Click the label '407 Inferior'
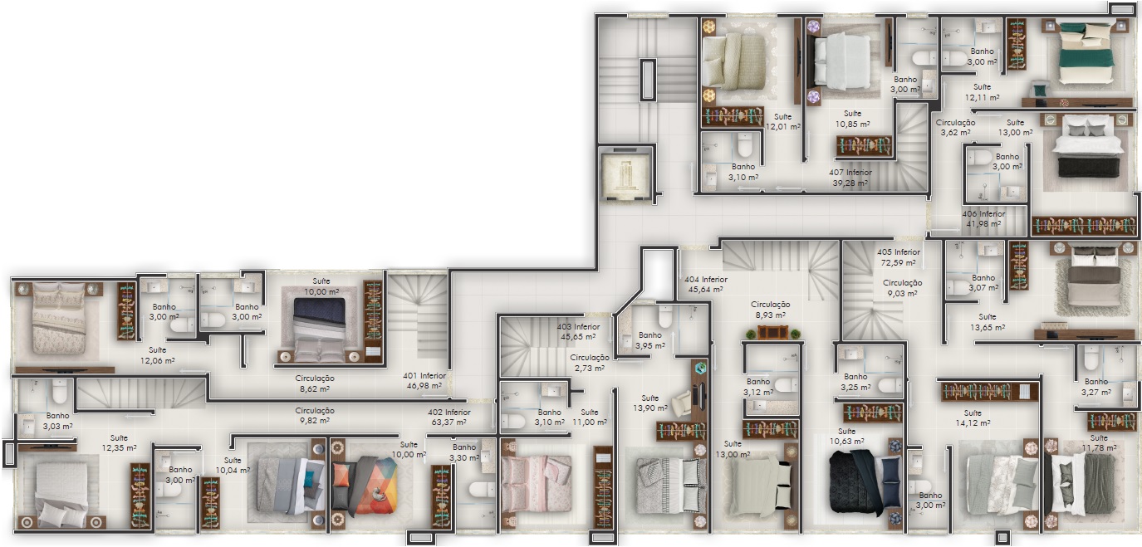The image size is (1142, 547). point(850,172)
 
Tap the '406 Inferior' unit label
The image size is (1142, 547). point(983,214)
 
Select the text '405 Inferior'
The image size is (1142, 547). point(899,252)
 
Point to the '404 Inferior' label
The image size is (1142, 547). point(706,280)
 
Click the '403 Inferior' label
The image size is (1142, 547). point(578,327)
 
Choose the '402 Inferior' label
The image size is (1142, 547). point(448,413)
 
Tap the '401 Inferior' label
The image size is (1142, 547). point(424,376)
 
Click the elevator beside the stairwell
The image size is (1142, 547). point(625,174)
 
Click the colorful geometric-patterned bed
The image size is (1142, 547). point(364,485)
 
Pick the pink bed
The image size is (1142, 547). point(536,484)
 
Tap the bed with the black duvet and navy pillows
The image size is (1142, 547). point(865,481)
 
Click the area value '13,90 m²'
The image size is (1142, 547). point(650,408)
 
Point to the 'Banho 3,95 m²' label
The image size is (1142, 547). point(650,340)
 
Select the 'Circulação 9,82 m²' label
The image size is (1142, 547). point(315,416)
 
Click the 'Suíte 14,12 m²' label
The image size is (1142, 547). point(973,418)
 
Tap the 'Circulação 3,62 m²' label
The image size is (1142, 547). point(955,128)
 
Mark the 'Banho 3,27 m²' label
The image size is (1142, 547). point(1096,387)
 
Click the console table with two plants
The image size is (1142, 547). point(772,333)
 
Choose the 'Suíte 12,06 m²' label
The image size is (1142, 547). point(158,355)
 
